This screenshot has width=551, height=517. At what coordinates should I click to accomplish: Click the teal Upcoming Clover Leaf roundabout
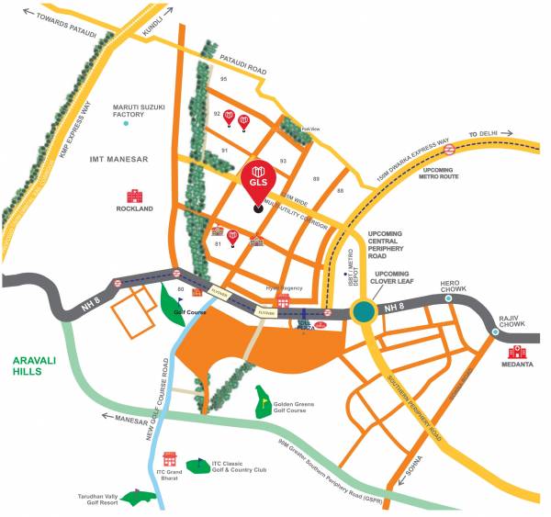click(x=364, y=312)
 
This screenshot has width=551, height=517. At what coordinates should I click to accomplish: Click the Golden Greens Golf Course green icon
click(x=264, y=401)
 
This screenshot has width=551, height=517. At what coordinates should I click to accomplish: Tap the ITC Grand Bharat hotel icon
click(x=169, y=458)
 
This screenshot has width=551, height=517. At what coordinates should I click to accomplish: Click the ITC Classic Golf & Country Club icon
click(x=197, y=464)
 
